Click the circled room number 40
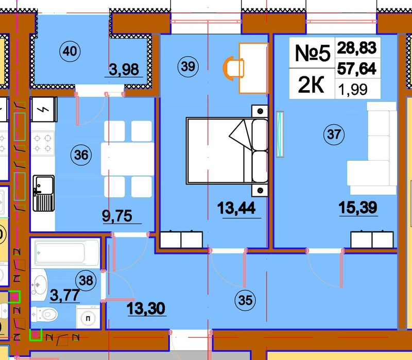tap(70, 51)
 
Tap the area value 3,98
tap(124, 70)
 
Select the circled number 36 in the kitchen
tap(81, 155)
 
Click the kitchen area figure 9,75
tap(117, 216)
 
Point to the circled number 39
tap(188, 66)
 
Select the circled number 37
tap(334, 134)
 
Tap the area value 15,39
tap(358, 207)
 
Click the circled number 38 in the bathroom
tap(86, 280)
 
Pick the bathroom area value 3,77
tap(65, 295)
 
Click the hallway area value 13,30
tap(146, 308)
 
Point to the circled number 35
tap(245, 300)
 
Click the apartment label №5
tap(313, 53)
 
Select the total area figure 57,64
tap(357, 69)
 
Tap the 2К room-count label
tap(312, 84)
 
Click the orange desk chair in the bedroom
tap(233, 68)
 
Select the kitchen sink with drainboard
tap(44, 193)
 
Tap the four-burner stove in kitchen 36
tap(43, 144)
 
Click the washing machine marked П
tap(88, 317)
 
